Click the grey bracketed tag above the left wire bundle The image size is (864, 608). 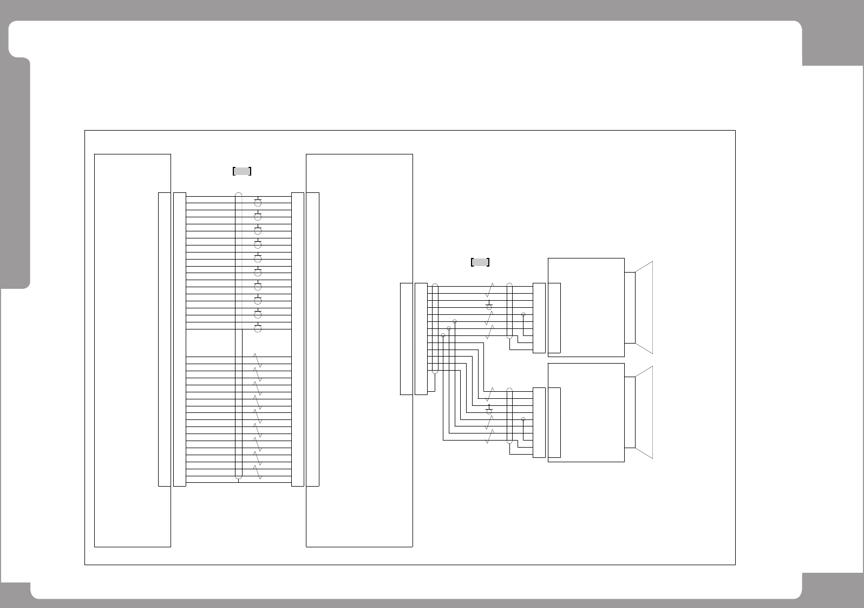pyautogui.click(x=242, y=171)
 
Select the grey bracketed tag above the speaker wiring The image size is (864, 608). pyautogui.click(x=480, y=262)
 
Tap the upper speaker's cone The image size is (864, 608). pyautogui.click(x=644, y=307)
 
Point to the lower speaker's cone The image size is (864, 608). pyautogui.click(x=644, y=412)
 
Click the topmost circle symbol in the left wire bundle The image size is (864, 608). pyautogui.click(x=258, y=203)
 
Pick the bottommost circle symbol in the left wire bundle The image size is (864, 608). pyautogui.click(x=258, y=328)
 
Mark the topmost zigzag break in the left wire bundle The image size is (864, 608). pyautogui.click(x=258, y=360)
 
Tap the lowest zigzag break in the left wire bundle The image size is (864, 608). pyautogui.click(x=258, y=473)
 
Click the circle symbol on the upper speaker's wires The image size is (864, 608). pyautogui.click(x=489, y=307)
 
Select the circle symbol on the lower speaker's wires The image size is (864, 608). pyautogui.click(x=489, y=412)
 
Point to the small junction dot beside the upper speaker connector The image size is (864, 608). pyautogui.click(x=523, y=314)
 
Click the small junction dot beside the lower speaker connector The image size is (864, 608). pyautogui.click(x=523, y=419)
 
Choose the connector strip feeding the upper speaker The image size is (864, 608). pyautogui.click(x=539, y=318)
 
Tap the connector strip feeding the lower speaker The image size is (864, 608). pyautogui.click(x=539, y=423)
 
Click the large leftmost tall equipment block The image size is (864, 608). pyautogui.click(x=132, y=350)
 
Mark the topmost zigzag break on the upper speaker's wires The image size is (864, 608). pyautogui.click(x=489, y=289)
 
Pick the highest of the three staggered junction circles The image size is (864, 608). pyautogui.click(x=455, y=321)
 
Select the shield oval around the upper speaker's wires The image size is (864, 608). pyautogui.click(x=509, y=311)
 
